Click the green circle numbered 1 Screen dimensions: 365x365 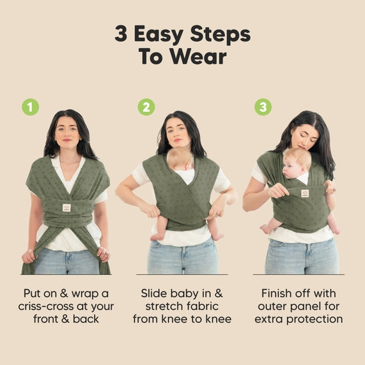30,107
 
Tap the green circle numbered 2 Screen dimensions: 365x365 146,107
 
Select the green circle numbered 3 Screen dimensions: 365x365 263,107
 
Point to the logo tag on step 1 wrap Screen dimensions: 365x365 66,207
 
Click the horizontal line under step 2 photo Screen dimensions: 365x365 182,275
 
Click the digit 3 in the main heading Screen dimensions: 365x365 121,34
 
